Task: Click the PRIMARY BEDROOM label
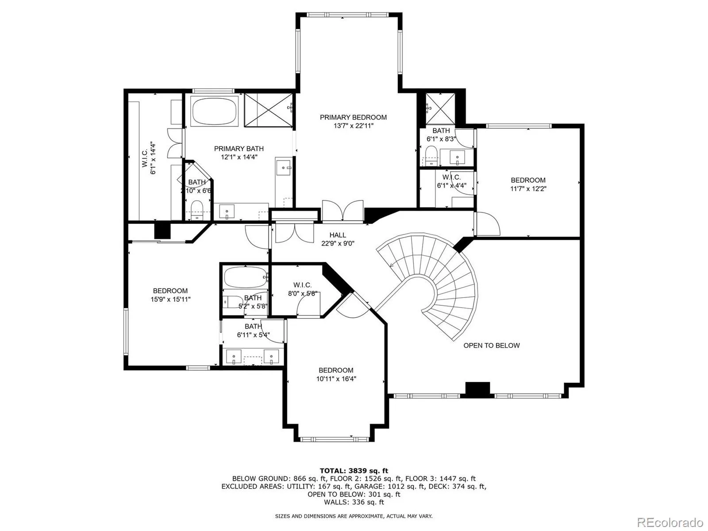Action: [353, 117]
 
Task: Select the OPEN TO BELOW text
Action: [491, 346]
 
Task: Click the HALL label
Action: [338, 235]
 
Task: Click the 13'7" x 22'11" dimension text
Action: [353, 126]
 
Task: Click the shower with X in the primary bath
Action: [269, 110]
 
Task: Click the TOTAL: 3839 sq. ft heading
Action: [354, 471]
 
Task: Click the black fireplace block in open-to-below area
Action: [477, 389]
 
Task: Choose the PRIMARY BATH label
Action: [239, 149]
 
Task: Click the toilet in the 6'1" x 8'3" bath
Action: [431, 155]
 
